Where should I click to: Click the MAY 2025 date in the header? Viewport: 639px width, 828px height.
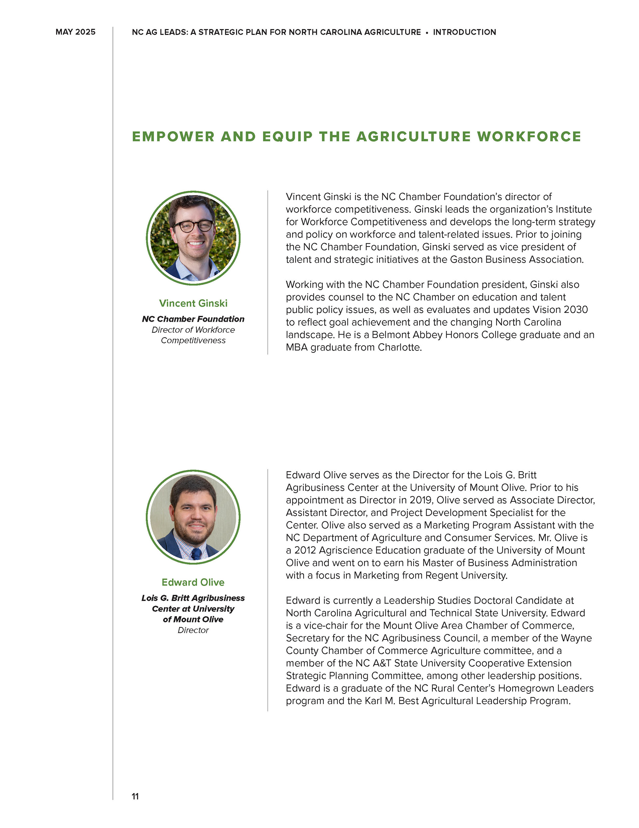click(75, 32)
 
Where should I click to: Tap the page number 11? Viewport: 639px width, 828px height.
click(135, 796)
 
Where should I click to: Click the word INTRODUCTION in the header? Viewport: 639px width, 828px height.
click(464, 32)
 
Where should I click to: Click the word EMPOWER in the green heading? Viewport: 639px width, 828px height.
click(173, 137)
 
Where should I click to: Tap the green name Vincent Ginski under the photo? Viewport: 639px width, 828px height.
click(193, 303)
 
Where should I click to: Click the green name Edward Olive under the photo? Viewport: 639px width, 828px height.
click(193, 582)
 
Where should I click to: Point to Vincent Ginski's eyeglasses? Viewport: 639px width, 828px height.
click(193, 226)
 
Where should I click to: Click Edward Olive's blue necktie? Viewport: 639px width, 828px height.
click(196, 554)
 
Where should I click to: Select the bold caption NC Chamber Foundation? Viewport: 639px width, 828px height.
click(193, 319)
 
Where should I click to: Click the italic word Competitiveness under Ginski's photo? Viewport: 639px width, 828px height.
click(193, 341)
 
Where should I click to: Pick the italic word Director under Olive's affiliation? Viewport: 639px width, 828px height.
click(193, 630)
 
